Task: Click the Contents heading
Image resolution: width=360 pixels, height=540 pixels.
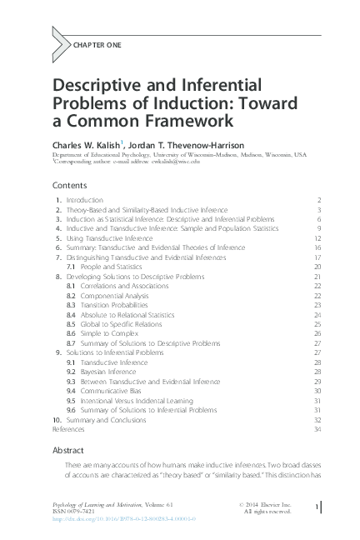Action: [x=70, y=185]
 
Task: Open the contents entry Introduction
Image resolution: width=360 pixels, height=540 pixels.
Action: [x=85, y=201]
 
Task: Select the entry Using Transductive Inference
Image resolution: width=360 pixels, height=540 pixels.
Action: [x=107, y=237]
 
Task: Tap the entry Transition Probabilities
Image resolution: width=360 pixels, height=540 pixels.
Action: [x=107, y=305]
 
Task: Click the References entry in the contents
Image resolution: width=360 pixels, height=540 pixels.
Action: [x=68, y=429]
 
